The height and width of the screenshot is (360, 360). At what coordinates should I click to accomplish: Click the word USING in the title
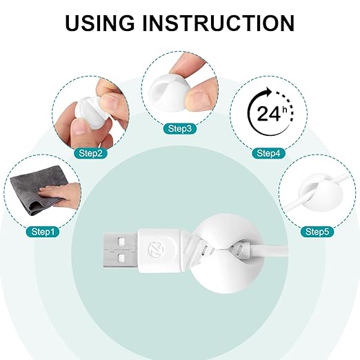pyautogui.click(x=100, y=23)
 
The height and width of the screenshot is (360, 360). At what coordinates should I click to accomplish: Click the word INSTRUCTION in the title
pyautogui.click(x=219, y=23)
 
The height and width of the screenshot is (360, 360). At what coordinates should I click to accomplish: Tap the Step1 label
pyautogui.click(x=43, y=232)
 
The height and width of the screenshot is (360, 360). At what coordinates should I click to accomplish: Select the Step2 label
pyautogui.click(x=90, y=153)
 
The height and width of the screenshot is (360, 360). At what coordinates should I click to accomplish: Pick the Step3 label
pyautogui.click(x=180, y=128)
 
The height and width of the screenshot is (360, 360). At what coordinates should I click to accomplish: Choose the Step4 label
pyautogui.click(x=268, y=153)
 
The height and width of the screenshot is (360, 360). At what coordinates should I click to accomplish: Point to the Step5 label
pyautogui.click(x=317, y=232)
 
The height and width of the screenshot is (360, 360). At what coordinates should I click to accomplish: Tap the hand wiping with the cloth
pyautogui.click(x=61, y=194)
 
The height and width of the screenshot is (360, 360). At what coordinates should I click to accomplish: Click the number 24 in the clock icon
pyautogui.click(x=268, y=114)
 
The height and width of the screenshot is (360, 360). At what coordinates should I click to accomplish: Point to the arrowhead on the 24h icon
pyautogui.click(x=268, y=92)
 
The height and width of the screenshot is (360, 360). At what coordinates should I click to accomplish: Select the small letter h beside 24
pyautogui.click(x=284, y=110)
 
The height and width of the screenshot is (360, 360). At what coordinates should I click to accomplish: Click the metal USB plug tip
pyautogui.click(x=120, y=250)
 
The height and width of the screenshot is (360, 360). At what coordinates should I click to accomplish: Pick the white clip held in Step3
pyautogui.click(x=169, y=92)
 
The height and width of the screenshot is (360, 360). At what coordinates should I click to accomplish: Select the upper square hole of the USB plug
pyautogui.click(x=121, y=242)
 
